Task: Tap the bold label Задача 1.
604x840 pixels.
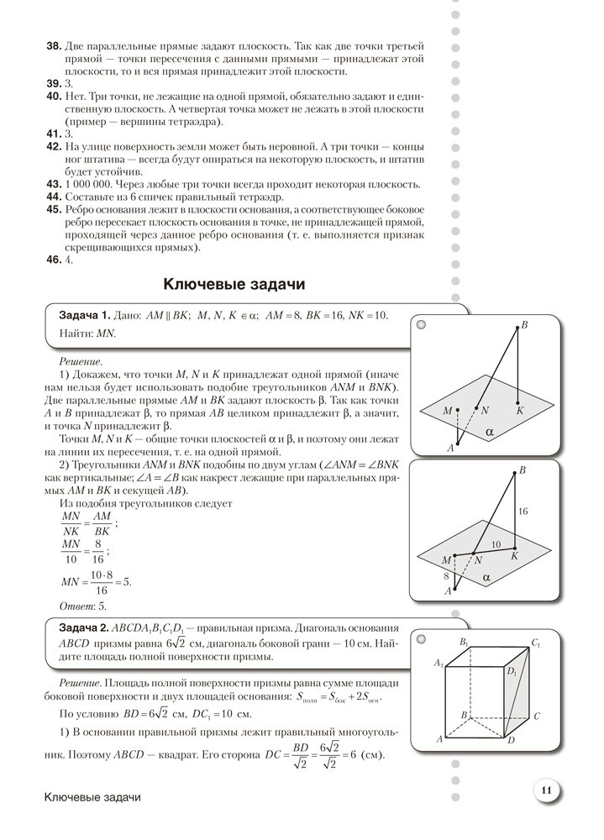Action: coord(84,315)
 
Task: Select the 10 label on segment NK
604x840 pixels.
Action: coord(496,545)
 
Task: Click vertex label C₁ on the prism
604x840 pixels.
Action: coord(534,643)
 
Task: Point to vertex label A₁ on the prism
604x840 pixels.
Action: coord(437,664)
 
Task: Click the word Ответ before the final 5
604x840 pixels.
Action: coord(77,606)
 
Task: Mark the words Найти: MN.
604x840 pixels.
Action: coord(87,333)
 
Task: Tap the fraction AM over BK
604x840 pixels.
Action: coord(103,524)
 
